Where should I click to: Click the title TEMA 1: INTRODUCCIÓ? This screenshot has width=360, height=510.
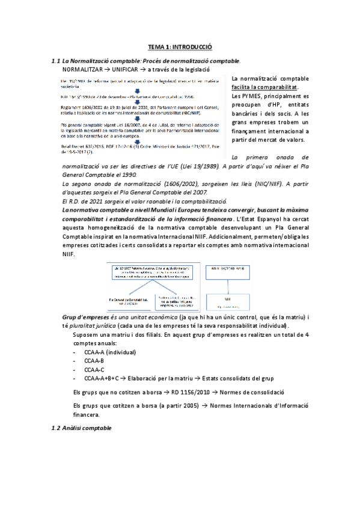[180, 46]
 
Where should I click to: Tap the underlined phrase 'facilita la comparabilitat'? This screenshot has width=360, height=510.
[265, 87]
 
